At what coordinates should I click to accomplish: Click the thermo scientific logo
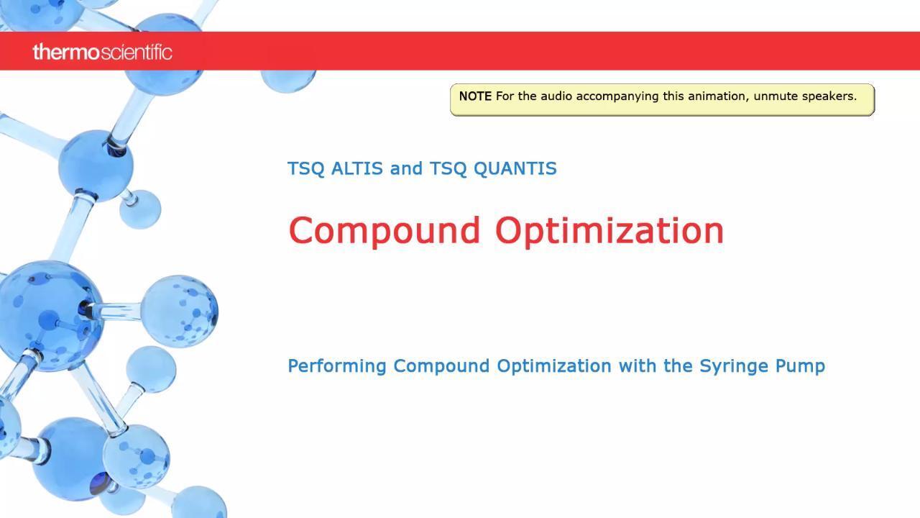pyautogui.click(x=102, y=53)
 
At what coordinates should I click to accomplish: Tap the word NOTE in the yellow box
pyautogui.click(x=475, y=96)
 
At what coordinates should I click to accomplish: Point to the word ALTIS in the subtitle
pyautogui.click(x=357, y=168)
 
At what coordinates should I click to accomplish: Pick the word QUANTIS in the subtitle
pyautogui.click(x=515, y=169)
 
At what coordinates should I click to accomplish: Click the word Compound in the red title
pyautogui.click(x=385, y=231)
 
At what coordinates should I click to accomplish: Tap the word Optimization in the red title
pyautogui.click(x=609, y=231)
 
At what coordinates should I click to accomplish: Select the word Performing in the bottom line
pyautogui.click(x=337, y=366)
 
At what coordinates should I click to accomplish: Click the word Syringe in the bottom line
pyautogui.click(x=734, y=366)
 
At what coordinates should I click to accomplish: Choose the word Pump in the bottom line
pyautogui.click(x=800, y=366)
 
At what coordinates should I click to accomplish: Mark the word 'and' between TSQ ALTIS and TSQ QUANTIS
pyautogui.click(x=406, y=168)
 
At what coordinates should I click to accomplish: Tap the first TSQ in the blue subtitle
pyautogui.click(x=305, y=169)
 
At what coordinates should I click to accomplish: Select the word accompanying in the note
pyautogui.click(x=610, y=97)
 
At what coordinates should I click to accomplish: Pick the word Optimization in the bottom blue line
pyautogui.click(x=554, y=366)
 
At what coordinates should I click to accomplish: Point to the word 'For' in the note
pyautogui.click(x=505, y=96)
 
